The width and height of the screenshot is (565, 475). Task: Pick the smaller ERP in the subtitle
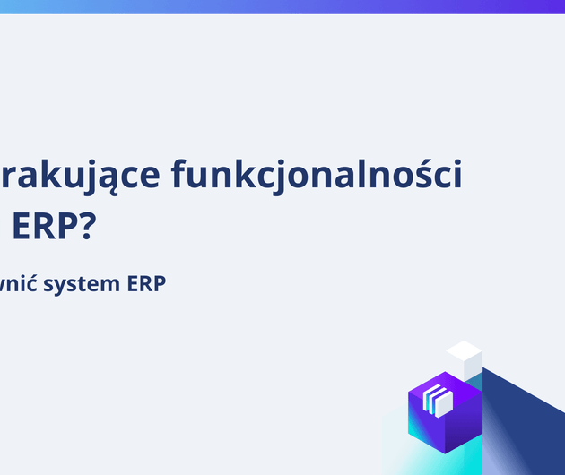148,284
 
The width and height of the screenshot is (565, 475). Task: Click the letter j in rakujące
87,177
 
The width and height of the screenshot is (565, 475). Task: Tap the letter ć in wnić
40,283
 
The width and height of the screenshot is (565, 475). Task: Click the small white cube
465,358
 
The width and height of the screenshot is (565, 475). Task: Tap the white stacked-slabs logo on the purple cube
439,400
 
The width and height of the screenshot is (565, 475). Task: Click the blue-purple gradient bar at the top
282,6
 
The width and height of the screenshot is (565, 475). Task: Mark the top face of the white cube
465,349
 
